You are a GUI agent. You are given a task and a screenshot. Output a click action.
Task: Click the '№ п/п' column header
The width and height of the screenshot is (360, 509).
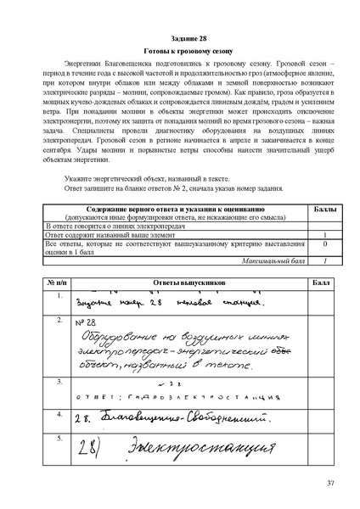point(57,280)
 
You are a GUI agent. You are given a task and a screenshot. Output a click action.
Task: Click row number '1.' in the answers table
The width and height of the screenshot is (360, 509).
point(59,295)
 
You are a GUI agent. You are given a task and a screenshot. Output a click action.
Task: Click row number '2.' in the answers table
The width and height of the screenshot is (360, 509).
point(59,321)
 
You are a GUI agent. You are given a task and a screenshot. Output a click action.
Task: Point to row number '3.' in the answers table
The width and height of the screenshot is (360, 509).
point(59,382)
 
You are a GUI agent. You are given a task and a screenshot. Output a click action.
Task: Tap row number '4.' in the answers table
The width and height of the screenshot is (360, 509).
point(59,413)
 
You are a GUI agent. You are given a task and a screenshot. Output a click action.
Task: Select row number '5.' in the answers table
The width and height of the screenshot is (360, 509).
point(59,438)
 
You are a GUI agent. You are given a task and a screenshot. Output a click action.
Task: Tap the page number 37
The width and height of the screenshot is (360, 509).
point(331,483)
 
